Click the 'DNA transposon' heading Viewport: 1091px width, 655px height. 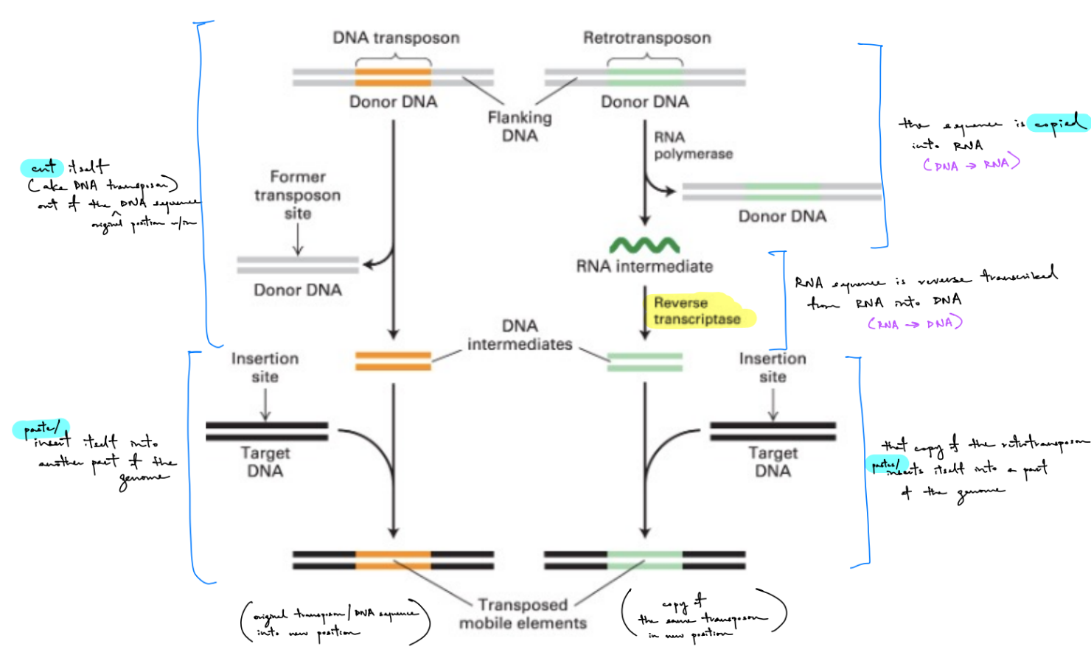[x=396, y=38]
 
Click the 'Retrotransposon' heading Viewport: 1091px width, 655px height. [x=646, y=38]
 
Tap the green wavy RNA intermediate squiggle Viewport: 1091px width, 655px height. [x=644, y=245]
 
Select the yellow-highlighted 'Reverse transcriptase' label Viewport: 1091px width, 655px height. [x=697, y=311]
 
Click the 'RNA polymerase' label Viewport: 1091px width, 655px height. [x=693, y=146]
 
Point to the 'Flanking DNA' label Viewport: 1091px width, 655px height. [x=520, y=126]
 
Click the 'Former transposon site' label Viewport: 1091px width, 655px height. [x=298, y=195]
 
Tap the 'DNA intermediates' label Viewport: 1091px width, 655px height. [x=520, y=335]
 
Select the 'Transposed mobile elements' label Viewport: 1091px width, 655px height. [x=523, y=614]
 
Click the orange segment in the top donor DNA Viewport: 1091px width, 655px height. [x=393, y=77]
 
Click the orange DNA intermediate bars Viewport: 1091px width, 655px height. [x=393, y=361]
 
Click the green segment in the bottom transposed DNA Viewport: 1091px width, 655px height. [x=645, y=560]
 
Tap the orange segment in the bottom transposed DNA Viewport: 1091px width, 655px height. [x=393, y=560]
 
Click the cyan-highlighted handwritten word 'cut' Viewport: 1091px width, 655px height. [x=43, y=168]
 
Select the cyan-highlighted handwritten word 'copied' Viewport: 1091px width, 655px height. [x=1059, y=124]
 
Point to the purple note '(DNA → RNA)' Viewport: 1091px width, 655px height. [x=971, y=164]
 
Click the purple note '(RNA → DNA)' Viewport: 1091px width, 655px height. [x=915, y=323]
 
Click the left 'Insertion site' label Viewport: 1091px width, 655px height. [x=265, y=368]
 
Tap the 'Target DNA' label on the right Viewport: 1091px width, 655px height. [x=773, y=462]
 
